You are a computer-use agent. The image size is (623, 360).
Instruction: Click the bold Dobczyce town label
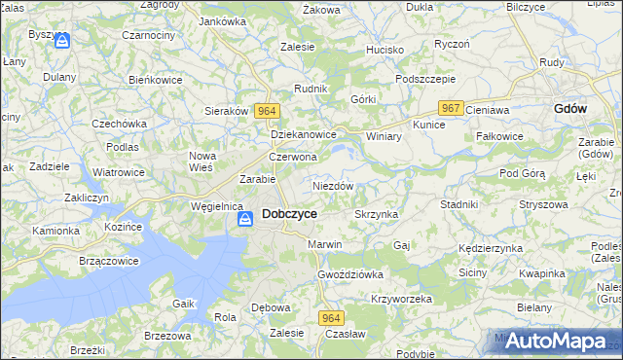289,214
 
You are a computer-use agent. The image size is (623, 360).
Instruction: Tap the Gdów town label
569,109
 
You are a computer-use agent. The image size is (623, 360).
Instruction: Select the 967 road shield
450,108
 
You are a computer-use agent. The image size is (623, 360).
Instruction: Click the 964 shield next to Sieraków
268,111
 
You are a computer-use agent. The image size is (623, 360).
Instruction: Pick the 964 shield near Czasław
331,317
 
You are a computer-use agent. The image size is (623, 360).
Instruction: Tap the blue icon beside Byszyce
62,41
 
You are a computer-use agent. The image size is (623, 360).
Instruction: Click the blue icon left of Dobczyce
245,221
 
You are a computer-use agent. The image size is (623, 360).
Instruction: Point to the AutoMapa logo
553,341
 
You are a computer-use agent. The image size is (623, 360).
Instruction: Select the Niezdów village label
333,185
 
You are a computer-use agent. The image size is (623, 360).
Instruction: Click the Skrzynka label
376,214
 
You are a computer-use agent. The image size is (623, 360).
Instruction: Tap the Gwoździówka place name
350,274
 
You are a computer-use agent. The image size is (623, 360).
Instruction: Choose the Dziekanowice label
304,135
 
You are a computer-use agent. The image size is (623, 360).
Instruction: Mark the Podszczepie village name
425,79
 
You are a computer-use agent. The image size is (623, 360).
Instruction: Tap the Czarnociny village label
148,61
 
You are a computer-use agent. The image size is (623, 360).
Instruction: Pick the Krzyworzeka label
401,299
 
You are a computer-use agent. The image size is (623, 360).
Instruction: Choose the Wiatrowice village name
119,172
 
